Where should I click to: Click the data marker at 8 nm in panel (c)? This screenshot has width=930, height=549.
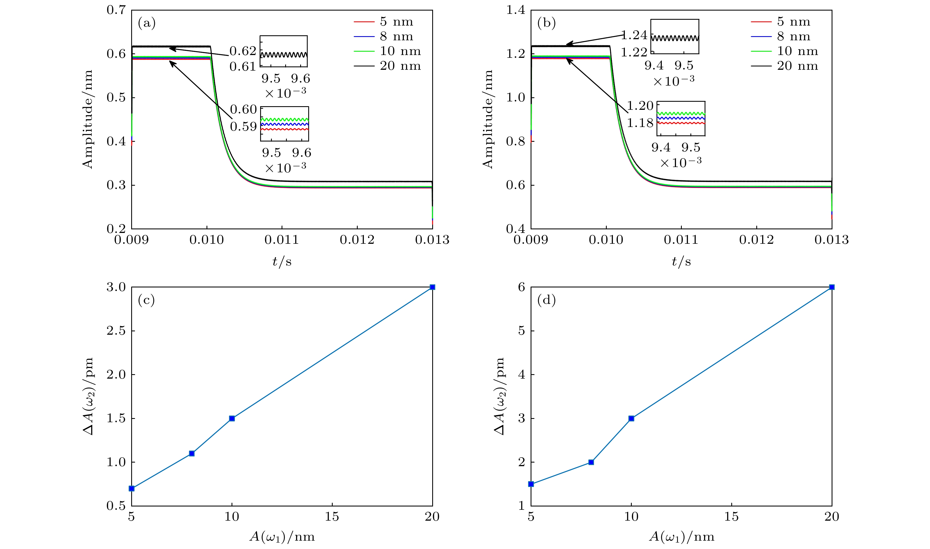pyautogui.click(x=192, y=454)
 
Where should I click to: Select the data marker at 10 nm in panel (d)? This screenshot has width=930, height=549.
pyautogui.click(x=631, y=418)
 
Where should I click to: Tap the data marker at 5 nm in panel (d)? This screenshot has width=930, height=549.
pyautogui.click(x=531, y=484)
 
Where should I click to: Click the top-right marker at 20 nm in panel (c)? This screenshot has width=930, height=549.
pyautogui.click(x=432, y=287)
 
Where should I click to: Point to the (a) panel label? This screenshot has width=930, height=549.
pyautogui.click(x=146, y=23)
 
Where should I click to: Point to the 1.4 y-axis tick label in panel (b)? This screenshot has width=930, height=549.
pyautogui.click(x=516, y=10)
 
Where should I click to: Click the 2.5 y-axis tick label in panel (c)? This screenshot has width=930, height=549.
pyautogui.click(x=116, y=331)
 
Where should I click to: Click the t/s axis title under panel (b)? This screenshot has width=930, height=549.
pyautogui.click(x=681, y=262)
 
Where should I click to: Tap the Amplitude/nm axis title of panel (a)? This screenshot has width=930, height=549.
pyautogui.click(x=88, y=119)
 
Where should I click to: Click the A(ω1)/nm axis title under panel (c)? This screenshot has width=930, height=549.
pyautogui.click(x=282, y=537)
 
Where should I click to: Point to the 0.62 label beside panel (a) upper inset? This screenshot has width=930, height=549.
pyautogui.click(x=243, y=51)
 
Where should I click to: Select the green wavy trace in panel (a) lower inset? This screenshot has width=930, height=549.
pyautogui.click(x=284, y=120)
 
